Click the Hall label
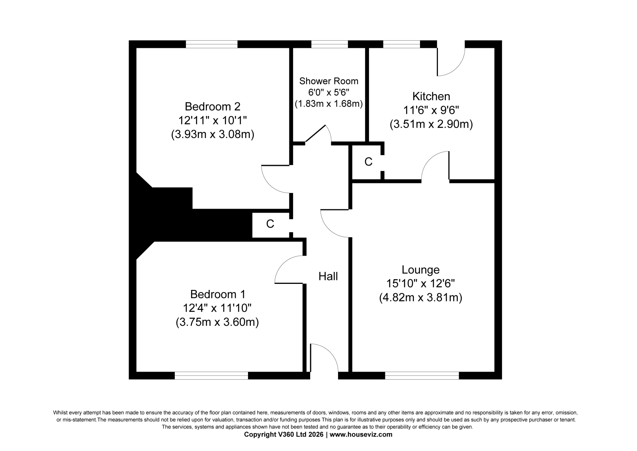click(328, 276)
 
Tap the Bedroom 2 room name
click(213, 106)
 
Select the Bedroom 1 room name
click(217, 294)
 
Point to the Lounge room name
click(420, 270)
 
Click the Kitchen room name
click(431, 96)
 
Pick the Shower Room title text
click(329, 81)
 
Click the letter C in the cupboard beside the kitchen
click(368, 162)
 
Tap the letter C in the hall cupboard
click(270, 224)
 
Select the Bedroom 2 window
click(211, 44)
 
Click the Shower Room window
click(329, 44)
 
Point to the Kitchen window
click(402, 44)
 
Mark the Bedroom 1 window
click(211, 376)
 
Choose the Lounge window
click(422, 376)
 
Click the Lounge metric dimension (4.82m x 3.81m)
click(420, 298)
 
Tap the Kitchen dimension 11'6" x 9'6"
click(431, 110)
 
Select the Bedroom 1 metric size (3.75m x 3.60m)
click(217, 322)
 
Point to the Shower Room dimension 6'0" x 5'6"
click(329, 92)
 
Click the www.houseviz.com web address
click(361, 435)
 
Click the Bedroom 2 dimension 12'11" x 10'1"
click(213, 120)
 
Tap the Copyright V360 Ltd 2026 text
click(283, 435)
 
